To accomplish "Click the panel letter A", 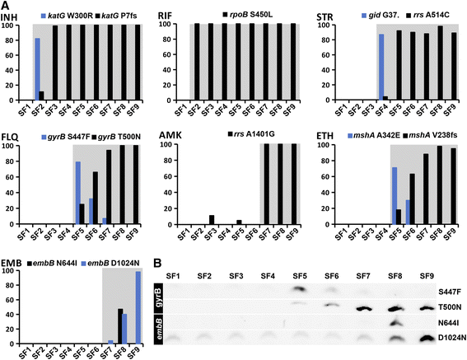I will point(7,7).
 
